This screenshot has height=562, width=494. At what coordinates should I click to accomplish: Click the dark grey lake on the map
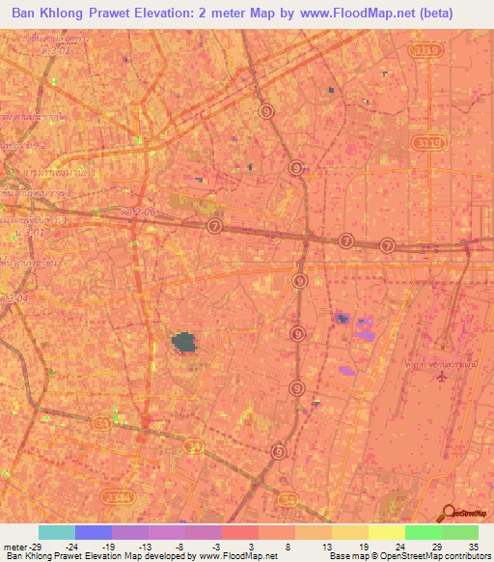183,341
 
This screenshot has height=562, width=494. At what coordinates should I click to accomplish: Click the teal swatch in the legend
56,532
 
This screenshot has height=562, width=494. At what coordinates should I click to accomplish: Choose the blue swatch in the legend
93,532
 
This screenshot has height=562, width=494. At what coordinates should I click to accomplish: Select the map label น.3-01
30,233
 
